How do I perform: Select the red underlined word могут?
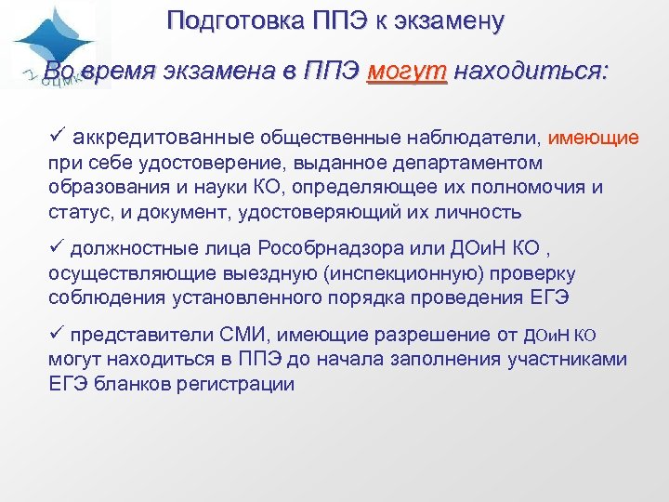tap(407, 72)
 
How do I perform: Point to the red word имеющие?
tap(594, 139)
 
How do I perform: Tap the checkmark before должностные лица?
tap(57, 249)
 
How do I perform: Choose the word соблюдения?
tap(105, 297)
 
